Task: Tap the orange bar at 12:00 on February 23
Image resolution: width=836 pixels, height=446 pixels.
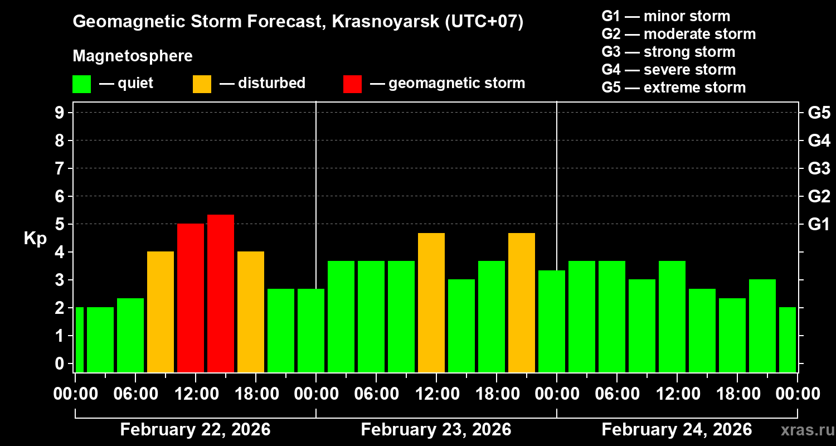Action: pyautogui.click(x=431, y=302)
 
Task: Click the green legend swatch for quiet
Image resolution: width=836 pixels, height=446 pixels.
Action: pyautogui.click(x=81, y=84)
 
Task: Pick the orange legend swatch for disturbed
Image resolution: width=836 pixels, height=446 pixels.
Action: pyautogui.click(x=202, y=84)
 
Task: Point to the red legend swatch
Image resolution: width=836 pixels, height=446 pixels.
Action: pyautogui.click(x=352, y=84)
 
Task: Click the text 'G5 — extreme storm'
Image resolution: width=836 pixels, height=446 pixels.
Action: pyautogui.click(x=673, y=88)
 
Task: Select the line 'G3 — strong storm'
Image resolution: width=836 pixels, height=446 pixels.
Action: pyautogui.click(x=668, y=52)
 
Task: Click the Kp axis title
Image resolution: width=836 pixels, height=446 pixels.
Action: pyautogui.click(x=35, y=238)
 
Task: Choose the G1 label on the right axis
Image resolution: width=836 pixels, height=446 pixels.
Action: pyautogui.click(x=819, y=224)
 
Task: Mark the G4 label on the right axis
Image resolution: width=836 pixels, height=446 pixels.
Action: pyautogui.click(x=819, y=140)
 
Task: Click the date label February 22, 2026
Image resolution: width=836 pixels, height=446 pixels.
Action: pyautogui.click(x=195, y=430)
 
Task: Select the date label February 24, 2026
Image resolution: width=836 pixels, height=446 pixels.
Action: pyautogui.click(x=677, y=430)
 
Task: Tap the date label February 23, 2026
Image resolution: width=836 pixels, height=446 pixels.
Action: pyautogui.click(x=436, y=430)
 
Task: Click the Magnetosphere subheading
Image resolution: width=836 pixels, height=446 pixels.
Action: pyautogui.click(x=133, y=56)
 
